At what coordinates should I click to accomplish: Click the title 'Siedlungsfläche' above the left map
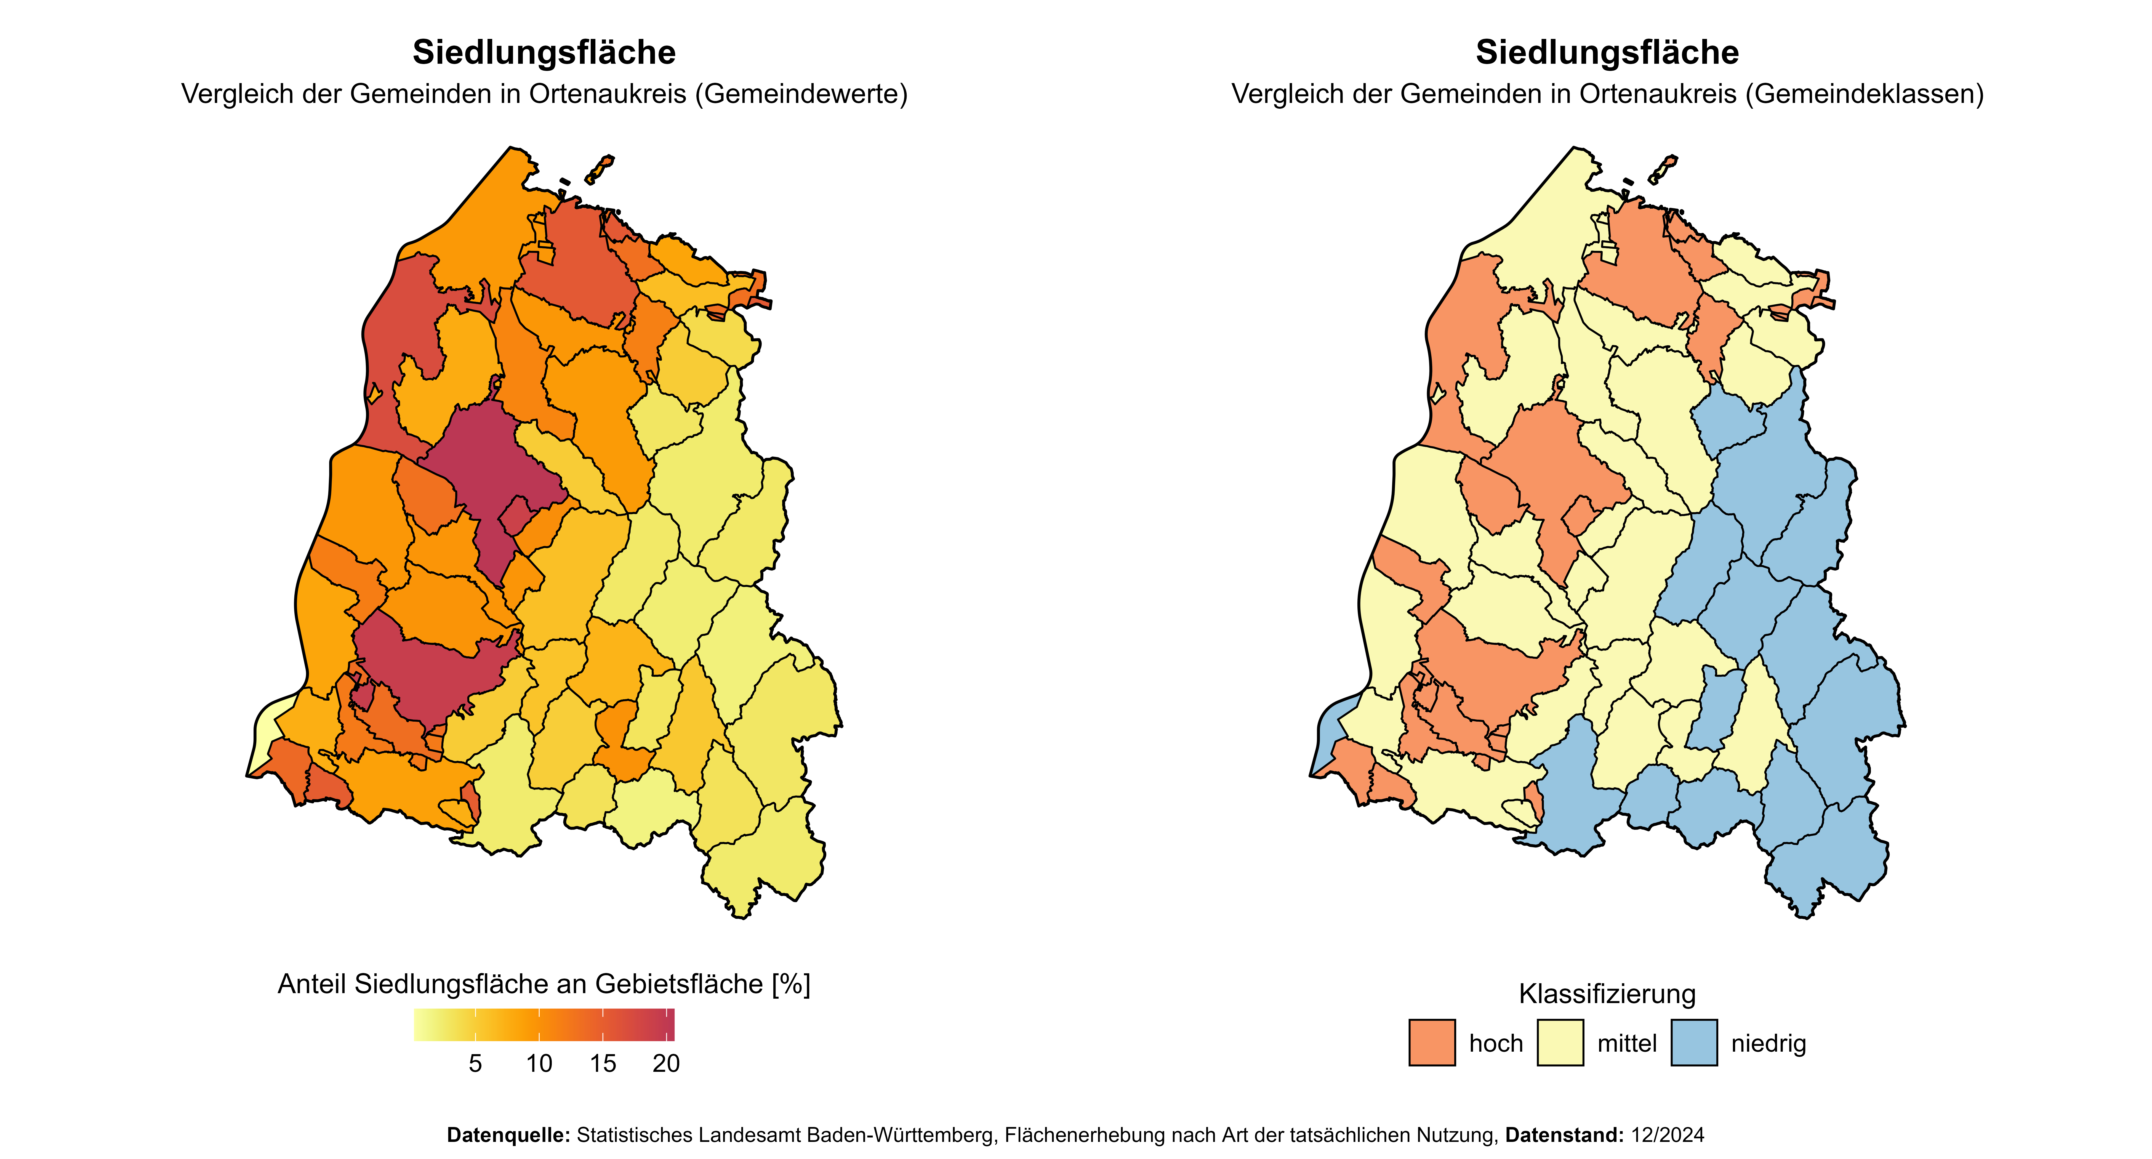pos(544,53)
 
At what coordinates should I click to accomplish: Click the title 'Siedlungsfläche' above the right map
pos(1607,53)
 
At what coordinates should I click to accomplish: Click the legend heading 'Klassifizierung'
pos(1607,993)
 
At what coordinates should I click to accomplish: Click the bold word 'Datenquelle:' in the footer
pos(508,1135)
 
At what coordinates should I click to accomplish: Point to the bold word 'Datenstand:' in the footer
pos(1564,1135)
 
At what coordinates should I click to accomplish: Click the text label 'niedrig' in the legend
pos(1768,1044)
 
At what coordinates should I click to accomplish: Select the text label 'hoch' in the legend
pos(1495,1044)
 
